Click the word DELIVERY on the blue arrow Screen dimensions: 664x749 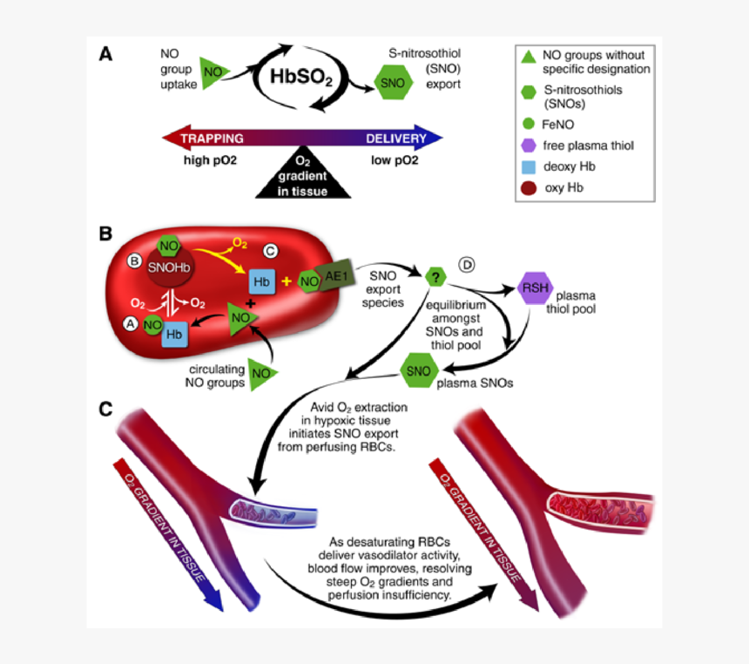pos(395,139)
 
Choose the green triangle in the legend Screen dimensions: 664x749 pos(527,58)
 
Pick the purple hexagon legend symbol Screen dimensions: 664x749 pos(527,146)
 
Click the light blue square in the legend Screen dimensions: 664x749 pos(527,166)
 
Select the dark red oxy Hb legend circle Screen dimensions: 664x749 pos(527,187)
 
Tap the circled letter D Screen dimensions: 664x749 pos(467,266)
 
